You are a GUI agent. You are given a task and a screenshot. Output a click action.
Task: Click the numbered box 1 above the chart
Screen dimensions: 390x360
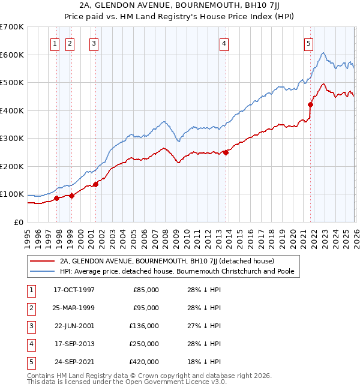click(55, 43)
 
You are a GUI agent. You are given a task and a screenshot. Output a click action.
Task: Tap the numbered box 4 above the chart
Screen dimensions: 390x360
click(223, 43)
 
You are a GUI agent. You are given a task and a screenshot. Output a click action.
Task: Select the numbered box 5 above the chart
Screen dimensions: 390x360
click(308, 43)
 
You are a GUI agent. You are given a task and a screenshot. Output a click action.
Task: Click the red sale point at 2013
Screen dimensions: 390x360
click(226, 152)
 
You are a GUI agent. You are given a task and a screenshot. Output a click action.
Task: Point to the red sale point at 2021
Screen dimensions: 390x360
click(311, 104)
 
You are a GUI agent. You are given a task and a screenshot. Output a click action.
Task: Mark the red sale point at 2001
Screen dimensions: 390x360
click(95, 184)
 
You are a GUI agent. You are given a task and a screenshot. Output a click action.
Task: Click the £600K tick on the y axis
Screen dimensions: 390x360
click(12, 55)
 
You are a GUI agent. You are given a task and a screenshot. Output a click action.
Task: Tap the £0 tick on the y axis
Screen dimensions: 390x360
click(18, 222)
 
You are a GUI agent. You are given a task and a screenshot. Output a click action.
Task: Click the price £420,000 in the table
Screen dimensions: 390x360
click(146, 362)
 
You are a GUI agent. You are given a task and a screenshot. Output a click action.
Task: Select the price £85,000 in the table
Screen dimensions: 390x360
click(146, 290)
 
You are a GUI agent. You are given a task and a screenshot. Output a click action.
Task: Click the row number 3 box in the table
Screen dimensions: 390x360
click(30, 326)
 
